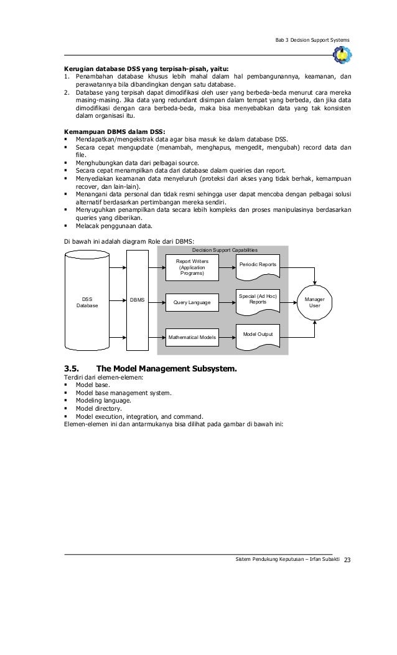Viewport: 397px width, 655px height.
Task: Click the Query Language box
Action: coord(192,303)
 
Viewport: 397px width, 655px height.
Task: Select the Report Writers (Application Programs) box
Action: coord(192,267)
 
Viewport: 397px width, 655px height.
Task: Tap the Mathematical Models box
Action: coord(192,338)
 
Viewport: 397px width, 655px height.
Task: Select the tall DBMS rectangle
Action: coord(138,300)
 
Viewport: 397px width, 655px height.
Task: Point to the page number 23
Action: coord(347,563)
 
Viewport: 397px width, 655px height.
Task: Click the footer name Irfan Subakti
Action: coord(317,563)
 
